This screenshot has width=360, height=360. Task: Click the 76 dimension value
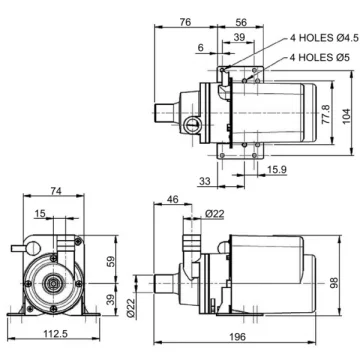[185, 22]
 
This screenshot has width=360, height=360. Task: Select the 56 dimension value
[241, 22]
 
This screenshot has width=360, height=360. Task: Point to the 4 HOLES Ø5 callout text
[320, 58]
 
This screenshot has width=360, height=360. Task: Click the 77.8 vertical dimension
[326, 114]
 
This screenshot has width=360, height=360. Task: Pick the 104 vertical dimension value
[346, 116]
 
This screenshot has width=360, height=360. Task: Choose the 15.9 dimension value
[277, 170]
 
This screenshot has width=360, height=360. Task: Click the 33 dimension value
[205, 181]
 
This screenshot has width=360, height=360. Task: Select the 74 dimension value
[57, 191]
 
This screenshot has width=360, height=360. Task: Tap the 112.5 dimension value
[55, 333]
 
